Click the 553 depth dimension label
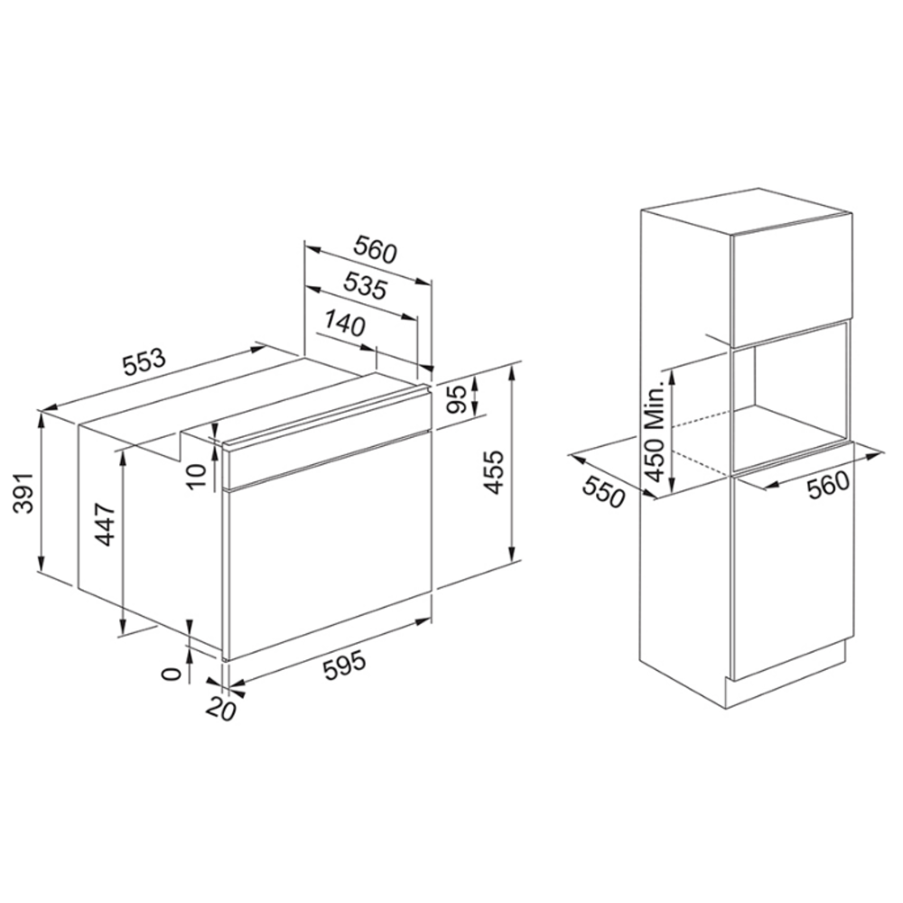(144, 362)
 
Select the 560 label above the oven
(375, 249)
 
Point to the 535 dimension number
(365, 285)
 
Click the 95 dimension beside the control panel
(457, 398)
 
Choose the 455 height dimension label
(494, 472)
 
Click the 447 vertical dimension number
(106, 525)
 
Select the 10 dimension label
(196, 475)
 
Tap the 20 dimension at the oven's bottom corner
(221, 708)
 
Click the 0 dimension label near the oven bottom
(171, 674)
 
